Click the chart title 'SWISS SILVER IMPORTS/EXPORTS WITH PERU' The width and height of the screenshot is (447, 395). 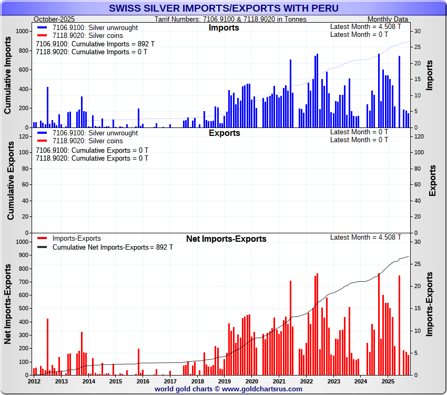point(223,8)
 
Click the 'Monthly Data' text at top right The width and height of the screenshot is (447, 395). point(388,19)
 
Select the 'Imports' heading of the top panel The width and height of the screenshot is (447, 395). point(223,27)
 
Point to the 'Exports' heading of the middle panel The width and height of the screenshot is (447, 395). point(224,133)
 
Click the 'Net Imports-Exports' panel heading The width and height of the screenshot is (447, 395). point(226,239)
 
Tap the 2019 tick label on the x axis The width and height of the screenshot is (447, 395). point(225,381)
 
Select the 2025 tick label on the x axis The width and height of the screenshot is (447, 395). point(388,381)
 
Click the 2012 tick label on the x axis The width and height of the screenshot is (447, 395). point(34,381)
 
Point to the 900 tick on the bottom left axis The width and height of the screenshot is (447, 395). point(22,255)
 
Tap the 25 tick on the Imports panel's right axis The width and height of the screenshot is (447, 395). point(416,47)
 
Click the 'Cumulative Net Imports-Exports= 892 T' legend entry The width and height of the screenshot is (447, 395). point(113,247)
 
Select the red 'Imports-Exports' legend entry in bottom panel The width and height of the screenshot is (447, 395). point(76,239)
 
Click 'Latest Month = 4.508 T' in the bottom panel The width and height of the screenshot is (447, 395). point(365,237)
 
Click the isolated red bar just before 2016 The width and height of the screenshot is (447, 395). point(138,362)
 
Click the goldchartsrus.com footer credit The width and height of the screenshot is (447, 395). point(228,389)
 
